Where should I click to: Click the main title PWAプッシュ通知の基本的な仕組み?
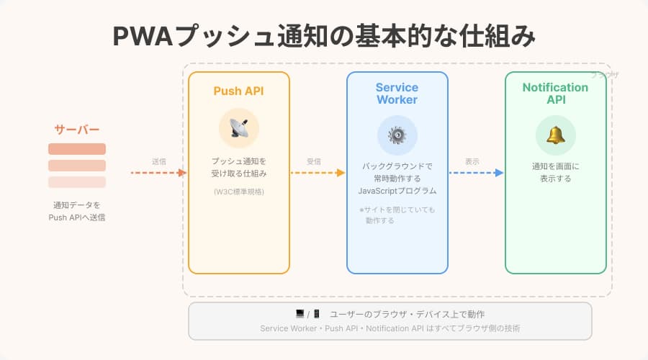click(324, 36)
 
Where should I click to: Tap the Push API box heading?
click(238, 91)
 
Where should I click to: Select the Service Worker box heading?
click(397, 94)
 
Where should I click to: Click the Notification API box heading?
click(555, 94)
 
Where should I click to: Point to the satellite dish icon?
click(238, 128)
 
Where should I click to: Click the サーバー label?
click(77, 130)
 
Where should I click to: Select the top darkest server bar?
click(77, 149)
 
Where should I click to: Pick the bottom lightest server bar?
click(77, 182)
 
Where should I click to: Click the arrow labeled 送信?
click(158, 173)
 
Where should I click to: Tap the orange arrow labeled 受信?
click(317, 173)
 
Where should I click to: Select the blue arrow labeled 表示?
click(475, 173)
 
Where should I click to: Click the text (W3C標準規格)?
click(238, 192)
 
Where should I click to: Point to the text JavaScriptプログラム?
click(397, 192)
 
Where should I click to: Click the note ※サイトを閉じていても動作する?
click(397, 215)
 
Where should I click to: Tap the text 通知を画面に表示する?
click(555, 172)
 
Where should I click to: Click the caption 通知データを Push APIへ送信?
click(77, 211)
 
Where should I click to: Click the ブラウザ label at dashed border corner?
click(604, 75)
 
